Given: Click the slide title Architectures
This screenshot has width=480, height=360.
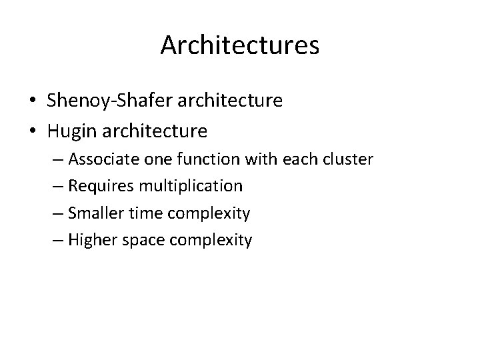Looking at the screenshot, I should click(x=240, y=45).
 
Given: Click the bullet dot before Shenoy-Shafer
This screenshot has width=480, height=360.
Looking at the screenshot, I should click(x=32, y=101).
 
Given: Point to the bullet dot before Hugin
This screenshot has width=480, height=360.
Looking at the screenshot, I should click(x=32, y=131).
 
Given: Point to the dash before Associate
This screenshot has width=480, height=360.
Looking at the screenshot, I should click(x=58, y=161).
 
